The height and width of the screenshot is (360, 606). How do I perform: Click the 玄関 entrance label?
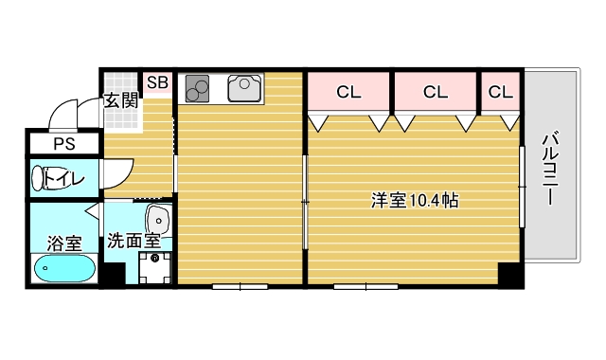[121, 99]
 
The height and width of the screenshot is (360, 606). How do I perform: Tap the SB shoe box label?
[157, 82]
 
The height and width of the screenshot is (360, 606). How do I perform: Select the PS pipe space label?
[63, 145]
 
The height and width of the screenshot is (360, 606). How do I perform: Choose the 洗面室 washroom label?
[133, 241]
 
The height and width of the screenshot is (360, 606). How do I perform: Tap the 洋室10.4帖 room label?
[415, 201]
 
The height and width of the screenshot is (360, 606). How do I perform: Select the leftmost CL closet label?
[348, 92]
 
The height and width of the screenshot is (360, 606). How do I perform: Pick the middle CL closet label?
[435, 92]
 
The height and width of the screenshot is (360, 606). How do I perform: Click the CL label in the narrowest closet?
[500, 92]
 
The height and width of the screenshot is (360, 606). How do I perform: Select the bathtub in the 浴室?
[63, 269]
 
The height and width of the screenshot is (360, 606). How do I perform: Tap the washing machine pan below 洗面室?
[154, 268]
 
